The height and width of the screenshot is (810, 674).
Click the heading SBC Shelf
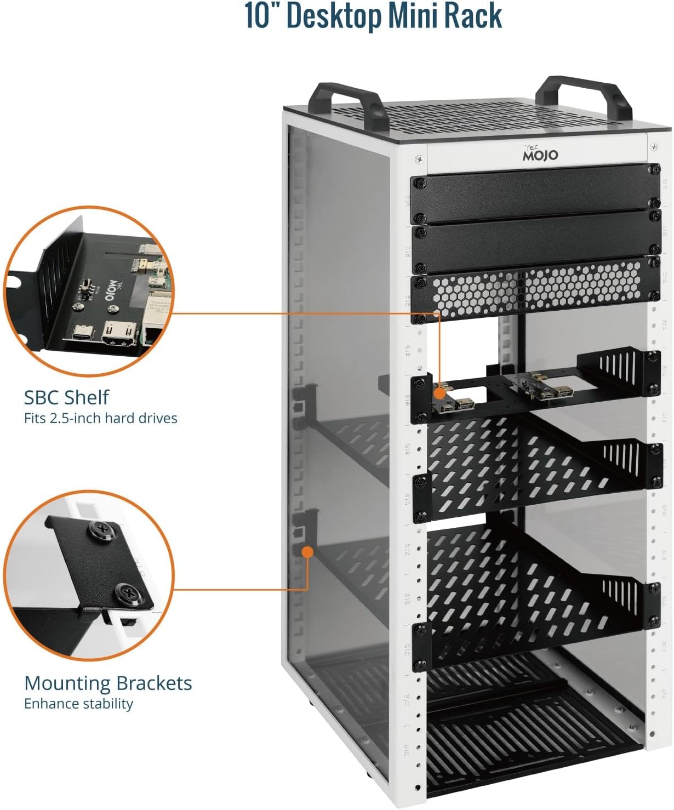pyautogui.click(x=66, y=397)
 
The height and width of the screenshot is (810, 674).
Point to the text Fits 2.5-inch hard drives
pyautogui.click(x=101, y=418)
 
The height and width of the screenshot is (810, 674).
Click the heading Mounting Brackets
pyautogui.click(x=108, y=683)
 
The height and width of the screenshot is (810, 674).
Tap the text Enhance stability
pyautogui.click(x=78, y=704)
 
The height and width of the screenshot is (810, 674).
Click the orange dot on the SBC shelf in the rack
pyautogui.click(x=439, y=393)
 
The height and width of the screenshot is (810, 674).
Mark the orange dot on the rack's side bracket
pyautogui.click(x=307, y=551)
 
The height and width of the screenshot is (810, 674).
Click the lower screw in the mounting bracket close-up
pyautogui.click(x=130, y=594)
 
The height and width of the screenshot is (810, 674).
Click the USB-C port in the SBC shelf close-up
pyautogui.click(x=84, y=333)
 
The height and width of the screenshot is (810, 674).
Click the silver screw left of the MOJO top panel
pyautogui.click(x=419, y=159)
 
